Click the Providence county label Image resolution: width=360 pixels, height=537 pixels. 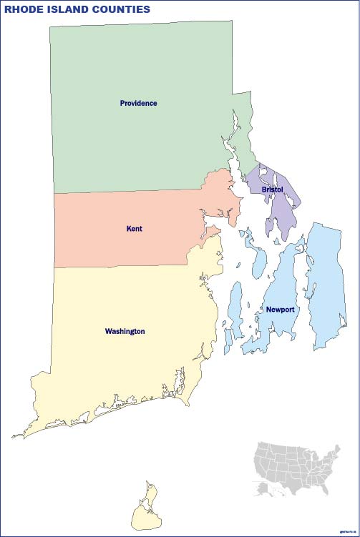(138, 104)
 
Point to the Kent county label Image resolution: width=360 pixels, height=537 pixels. (134, 229)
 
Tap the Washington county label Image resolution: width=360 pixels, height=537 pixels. (125, 332)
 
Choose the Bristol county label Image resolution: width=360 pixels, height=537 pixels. (272, 189)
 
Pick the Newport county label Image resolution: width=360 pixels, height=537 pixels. (280, 310)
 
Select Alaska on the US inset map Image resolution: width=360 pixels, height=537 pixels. (261, 488)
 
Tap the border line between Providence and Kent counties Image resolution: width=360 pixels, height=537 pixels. (129, 191)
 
